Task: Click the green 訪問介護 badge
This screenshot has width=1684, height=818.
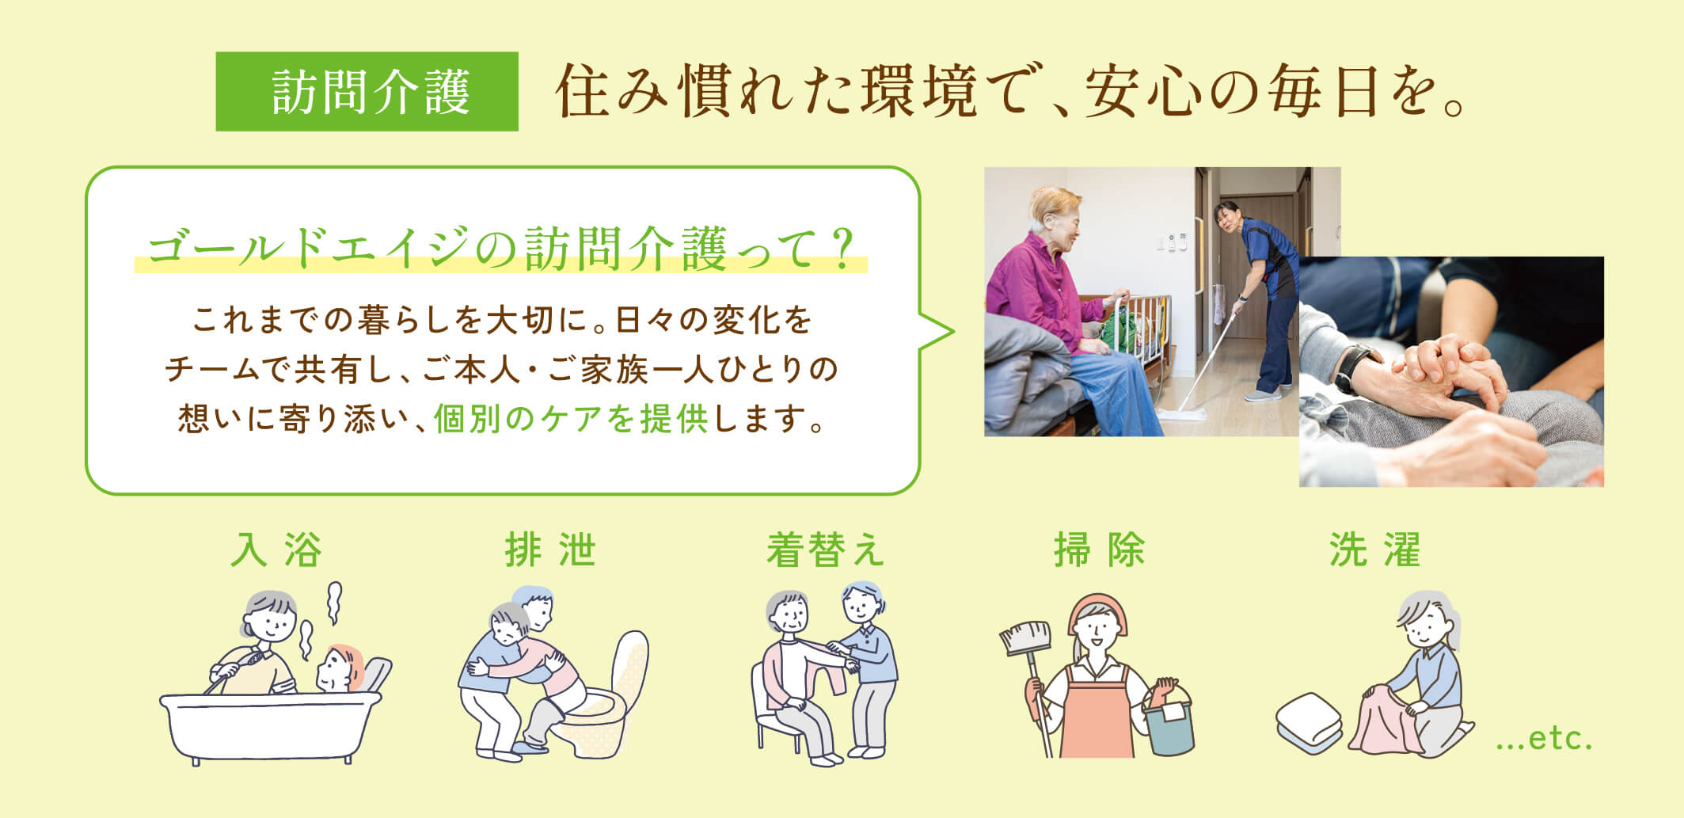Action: pyautogui.click(x=367, y=91)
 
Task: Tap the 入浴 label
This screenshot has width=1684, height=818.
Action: pyautogui.click(x=276, y=550)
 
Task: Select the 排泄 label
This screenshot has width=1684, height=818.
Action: pyautogui.click(x=550, y=550)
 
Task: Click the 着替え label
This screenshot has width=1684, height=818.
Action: pyautogui.click(x=825, y=550)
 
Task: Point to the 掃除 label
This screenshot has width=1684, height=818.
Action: pyautogui.click(x=1100, y=550)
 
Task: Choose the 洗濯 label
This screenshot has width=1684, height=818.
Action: pyautogui.click(x=1375, y=550)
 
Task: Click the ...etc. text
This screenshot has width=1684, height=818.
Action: pyautogui.click(x=1544, y=739)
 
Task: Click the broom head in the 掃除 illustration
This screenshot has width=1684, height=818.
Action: pyautogui.click(x=1026, y=637)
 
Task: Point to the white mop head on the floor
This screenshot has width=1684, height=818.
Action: pyautogui.click(x=1180, y=411)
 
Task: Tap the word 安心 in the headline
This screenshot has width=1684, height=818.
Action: pyautogui.click(x=1143, y=93)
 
